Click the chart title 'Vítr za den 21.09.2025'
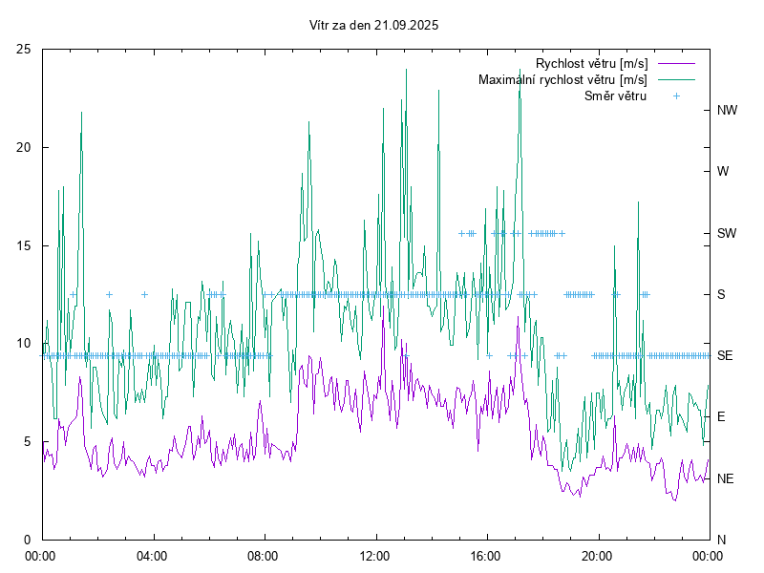(374, 26)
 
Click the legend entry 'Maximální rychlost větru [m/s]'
(562, 79)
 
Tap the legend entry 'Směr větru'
(615, 95)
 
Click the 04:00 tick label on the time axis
(151, 555)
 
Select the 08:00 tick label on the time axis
(263, 555)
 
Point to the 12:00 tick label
(374, 555)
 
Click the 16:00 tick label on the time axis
(486, 555)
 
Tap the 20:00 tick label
(597, 555)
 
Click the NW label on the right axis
(727, 110)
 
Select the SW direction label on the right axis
(727, 233)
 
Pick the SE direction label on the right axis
(725, 355)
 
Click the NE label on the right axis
(725, 478)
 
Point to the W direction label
(723, 172)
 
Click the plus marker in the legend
(676, 95)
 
